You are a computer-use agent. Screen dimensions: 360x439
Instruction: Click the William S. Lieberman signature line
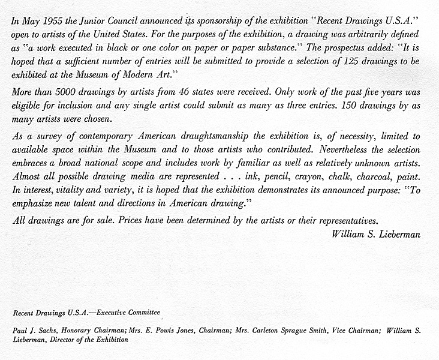click(375, 234)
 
